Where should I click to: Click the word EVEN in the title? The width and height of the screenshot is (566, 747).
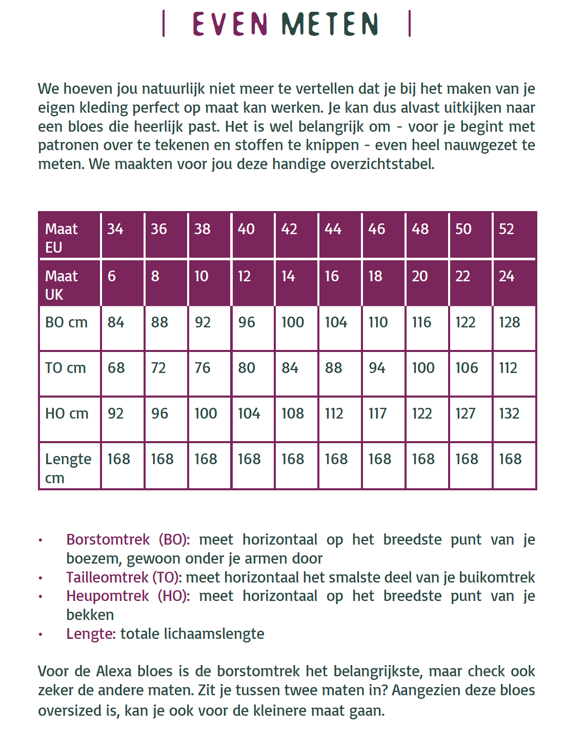click(x=230, y=24)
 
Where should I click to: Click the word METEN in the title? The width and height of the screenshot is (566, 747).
click(x=330, y=24)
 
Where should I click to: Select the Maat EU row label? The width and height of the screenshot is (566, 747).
click(x=62, y=238)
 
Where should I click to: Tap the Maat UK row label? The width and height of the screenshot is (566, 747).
click(x=62, y=285)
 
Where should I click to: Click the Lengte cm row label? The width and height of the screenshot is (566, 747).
click(x=68, y=468)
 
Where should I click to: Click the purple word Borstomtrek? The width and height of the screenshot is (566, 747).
click(x=108, y=540)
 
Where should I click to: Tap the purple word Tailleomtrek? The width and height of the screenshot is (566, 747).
click(x=107, y=577)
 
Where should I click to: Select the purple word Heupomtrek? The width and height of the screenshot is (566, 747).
click(x=107, y=596)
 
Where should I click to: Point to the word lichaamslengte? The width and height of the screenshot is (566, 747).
click(x=214, y=634)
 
